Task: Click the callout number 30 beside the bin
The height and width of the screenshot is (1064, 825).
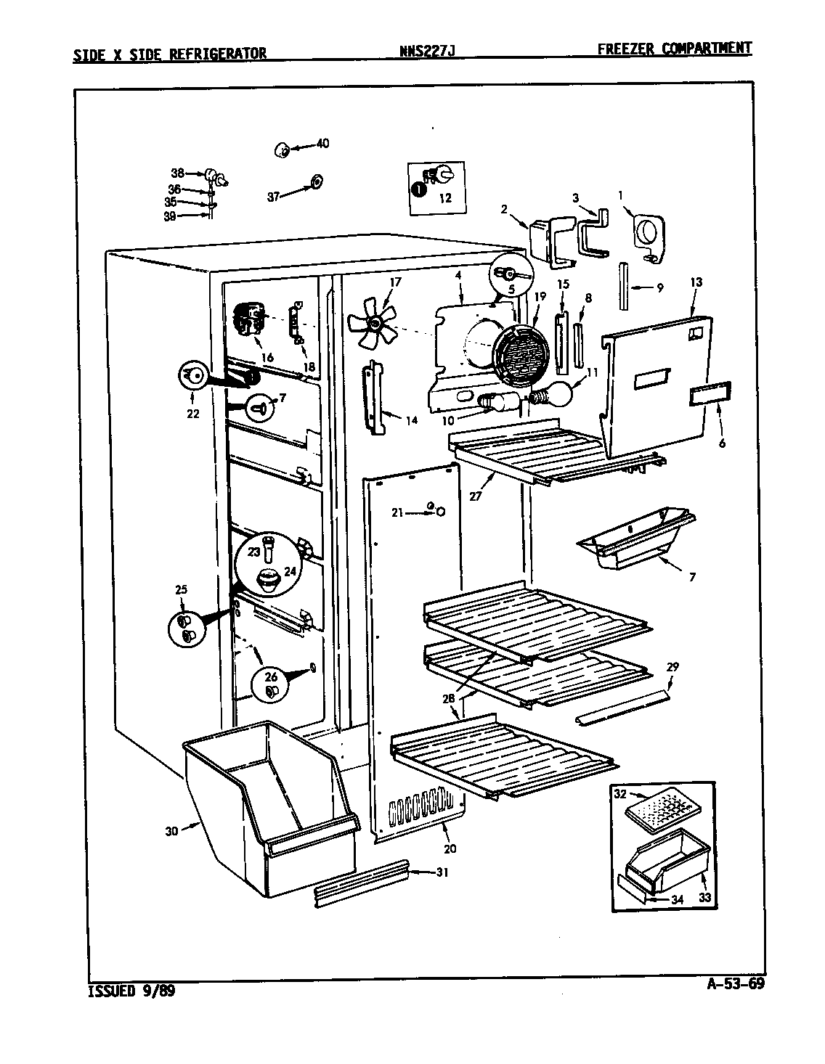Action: click(x=171, y=830)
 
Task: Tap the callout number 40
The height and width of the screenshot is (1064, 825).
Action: click(x=323, y=144)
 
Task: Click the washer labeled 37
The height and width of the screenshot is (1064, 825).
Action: click(x=317, y=182)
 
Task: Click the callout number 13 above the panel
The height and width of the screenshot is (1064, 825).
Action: click(x=696, y=282)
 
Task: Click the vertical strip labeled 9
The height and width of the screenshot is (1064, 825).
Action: click(x=623, y=287)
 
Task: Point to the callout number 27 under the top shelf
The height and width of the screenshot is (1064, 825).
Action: click(x=476, y=496)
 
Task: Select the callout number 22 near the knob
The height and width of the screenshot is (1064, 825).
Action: click(x=193, y=414)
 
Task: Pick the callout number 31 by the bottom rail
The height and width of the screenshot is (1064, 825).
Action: click(x=442, y=872)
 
